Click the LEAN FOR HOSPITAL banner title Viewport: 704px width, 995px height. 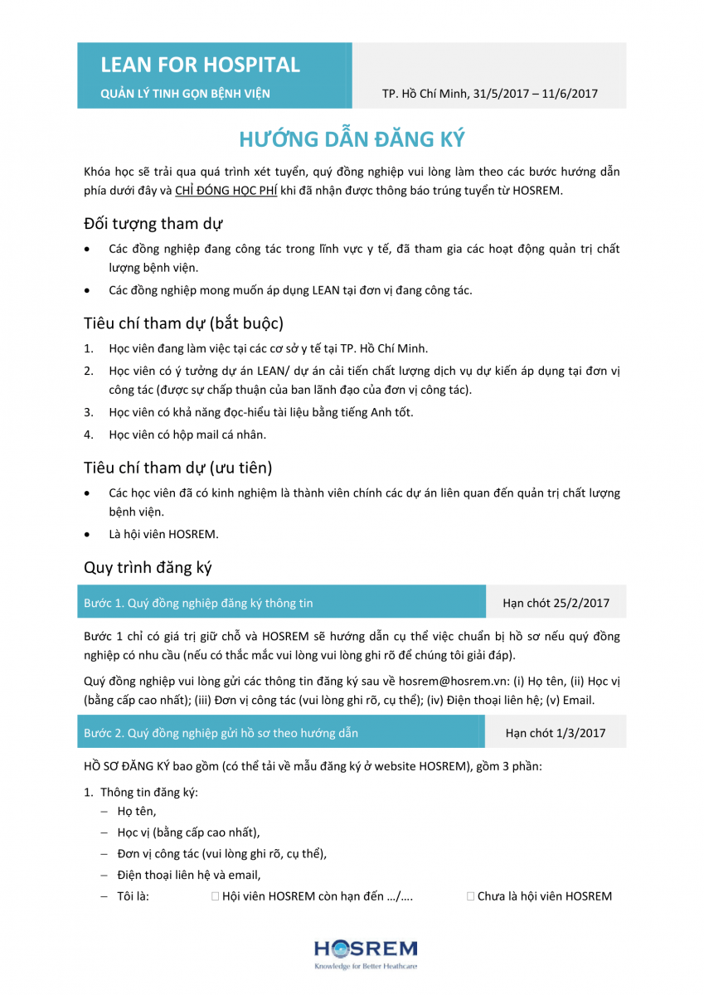[200, 65]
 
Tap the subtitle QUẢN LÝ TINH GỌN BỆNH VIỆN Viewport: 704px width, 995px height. [185, 94]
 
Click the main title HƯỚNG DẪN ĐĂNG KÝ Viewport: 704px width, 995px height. [352, 139]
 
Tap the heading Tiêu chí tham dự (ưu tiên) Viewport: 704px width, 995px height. [178, 468]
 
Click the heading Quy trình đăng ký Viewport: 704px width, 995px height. [148, 568]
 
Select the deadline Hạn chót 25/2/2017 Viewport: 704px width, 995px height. [556, 603]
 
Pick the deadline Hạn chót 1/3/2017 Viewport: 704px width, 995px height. [556, 733]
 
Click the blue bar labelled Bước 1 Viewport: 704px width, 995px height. [282, 603]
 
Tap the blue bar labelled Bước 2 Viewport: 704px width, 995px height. [282, 733]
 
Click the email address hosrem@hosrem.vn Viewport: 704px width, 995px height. [440, 681]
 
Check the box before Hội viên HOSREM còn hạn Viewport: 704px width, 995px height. [216, 896]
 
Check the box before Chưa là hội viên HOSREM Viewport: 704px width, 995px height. [471, 896]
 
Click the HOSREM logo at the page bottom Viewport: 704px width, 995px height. [365, 954]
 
